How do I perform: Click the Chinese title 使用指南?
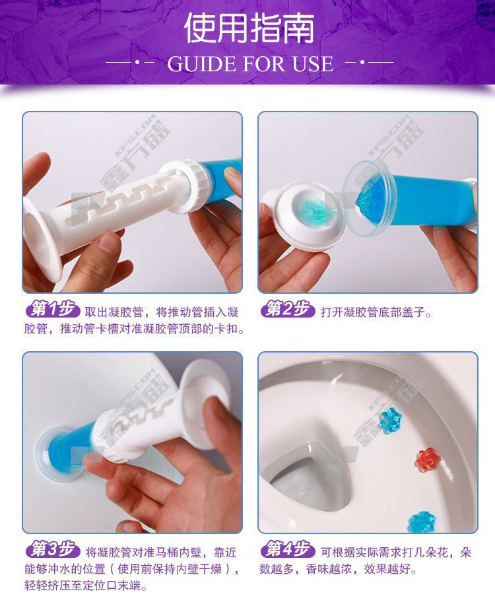[x=249, y=28]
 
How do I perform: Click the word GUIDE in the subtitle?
[x=201, y=64]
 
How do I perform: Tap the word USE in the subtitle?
[x=313, y=64]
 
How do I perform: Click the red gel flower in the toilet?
[x=427, y=459]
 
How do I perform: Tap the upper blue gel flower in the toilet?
[x=390, y=420]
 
